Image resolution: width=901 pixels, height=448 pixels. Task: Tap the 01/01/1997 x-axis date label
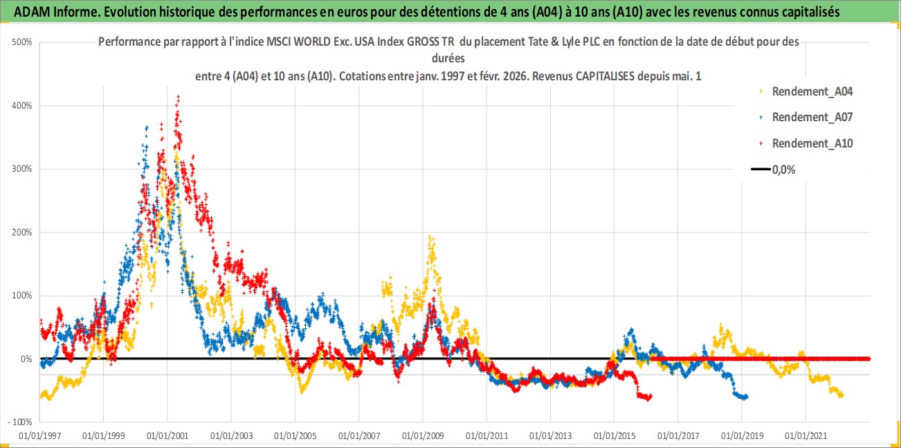pyautogui.click(x=39, y=436)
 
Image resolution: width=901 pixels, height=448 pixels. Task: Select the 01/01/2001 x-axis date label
pyautogui.click(x=167, y=436)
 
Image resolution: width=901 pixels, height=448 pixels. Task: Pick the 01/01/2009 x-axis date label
pyautogui.click(x=422, y=436)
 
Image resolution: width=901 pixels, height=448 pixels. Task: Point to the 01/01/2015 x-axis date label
pyautogui.click(x=614, y=436)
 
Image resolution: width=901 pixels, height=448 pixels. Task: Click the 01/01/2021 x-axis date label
pyautogui.click(x=806, y=436)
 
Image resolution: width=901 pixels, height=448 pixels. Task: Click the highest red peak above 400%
pyautogui.click(x=179, y=97)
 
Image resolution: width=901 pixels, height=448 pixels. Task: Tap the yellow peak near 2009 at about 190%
pyautogui.click(x=430, y=238)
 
